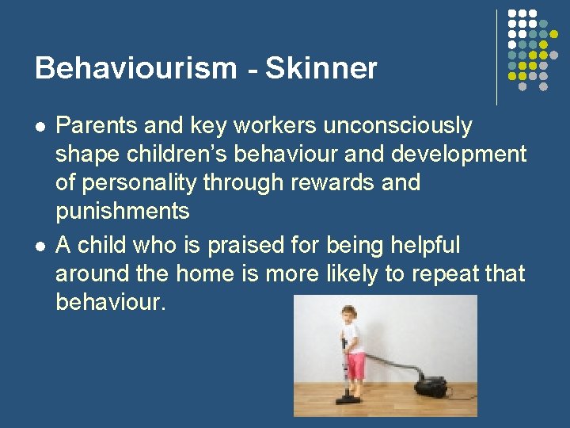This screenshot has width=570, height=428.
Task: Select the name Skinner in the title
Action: coord(321,69)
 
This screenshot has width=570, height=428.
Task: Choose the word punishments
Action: coord(123,212)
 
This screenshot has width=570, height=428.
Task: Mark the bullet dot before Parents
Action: coord(40,126)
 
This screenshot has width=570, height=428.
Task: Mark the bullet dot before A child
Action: coord(40,246)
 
